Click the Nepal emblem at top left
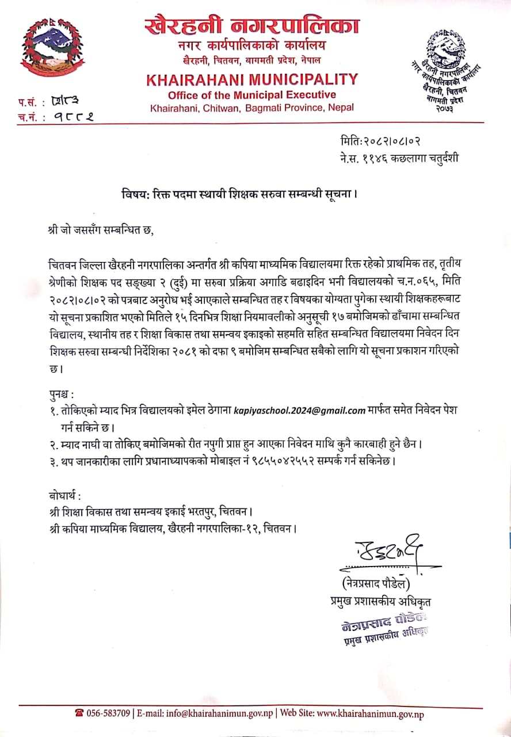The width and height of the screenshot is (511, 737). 51,52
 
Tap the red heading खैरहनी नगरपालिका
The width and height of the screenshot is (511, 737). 252,25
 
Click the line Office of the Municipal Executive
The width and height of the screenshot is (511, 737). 252,94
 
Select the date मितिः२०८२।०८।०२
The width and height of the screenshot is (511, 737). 384,141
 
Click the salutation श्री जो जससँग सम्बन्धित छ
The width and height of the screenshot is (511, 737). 102,231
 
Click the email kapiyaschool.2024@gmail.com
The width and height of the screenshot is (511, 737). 300,411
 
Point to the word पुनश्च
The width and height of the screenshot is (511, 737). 62,394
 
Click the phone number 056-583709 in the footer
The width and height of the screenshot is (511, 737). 102,714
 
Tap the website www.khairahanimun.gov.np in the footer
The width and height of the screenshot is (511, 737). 371,714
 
